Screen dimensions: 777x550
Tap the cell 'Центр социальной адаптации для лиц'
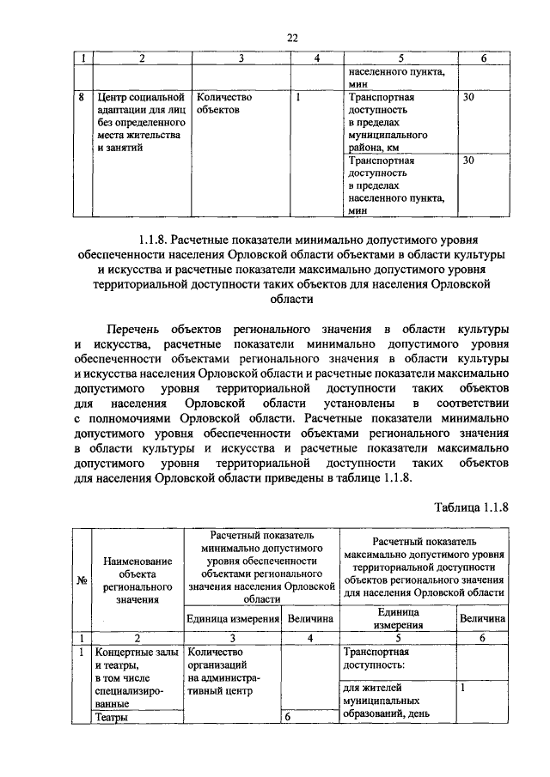140,123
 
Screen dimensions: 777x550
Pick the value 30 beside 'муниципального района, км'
468,97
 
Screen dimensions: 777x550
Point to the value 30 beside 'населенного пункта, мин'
468,160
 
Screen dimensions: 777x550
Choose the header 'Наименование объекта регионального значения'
139,580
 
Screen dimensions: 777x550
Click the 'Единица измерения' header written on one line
234,618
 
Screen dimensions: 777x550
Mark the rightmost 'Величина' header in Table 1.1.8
482,618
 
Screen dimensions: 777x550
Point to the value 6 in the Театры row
289,719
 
